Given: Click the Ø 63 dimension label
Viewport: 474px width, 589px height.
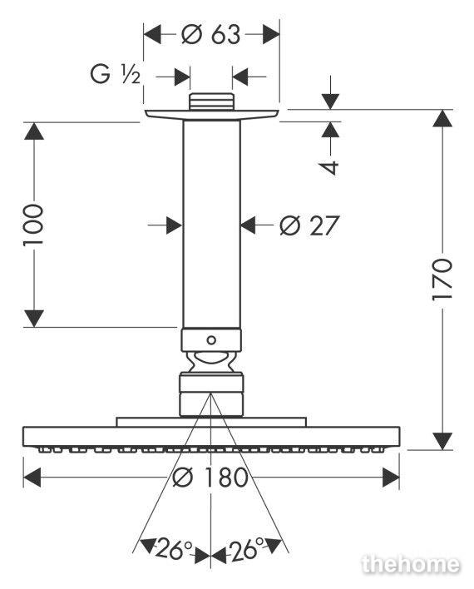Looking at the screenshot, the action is click(210, 35).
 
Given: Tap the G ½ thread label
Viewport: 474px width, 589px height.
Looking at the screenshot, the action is click(116, 73).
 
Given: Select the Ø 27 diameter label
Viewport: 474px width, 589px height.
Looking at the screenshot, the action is click(309, 225).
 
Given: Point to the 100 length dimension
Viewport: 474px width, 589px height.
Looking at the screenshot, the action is click(33, 225).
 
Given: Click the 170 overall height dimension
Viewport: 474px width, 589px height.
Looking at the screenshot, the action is click(442, 279).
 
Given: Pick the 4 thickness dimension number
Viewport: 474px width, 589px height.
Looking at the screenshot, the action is click(330, 167).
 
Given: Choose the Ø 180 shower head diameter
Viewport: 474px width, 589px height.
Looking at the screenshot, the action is click(210, 478).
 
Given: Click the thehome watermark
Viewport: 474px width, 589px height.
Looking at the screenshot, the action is click(411, 564).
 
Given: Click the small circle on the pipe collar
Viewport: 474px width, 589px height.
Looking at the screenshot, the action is click(211, 340).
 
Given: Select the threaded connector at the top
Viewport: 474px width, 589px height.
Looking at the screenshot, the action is click(211, 101).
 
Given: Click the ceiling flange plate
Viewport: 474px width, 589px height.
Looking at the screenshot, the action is click(211, 115).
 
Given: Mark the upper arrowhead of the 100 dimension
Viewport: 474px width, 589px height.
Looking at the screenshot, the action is click(34, 131).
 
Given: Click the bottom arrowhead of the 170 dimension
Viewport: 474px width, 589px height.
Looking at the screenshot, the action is click(442, 441).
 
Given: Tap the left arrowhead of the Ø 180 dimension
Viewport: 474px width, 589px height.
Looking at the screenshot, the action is click(32, 478).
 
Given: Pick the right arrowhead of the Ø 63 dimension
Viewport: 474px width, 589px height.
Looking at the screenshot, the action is click(271, 35).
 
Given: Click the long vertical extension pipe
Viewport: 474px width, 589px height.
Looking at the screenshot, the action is click(211, 225).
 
